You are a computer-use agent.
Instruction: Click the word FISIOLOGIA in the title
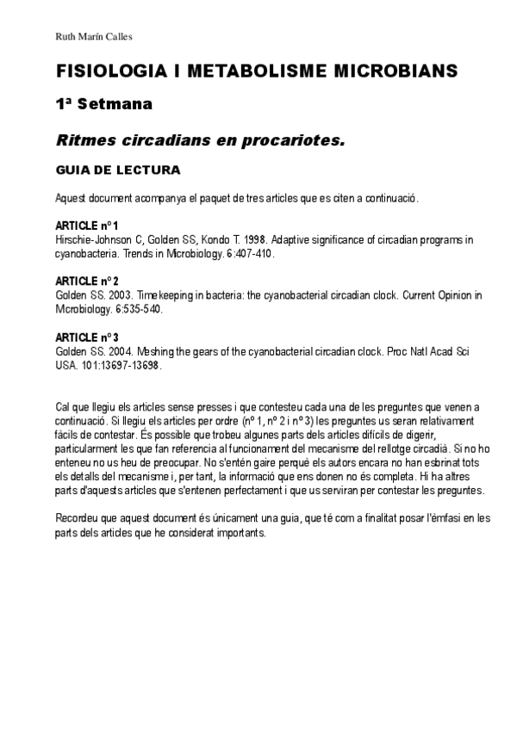point(103,71)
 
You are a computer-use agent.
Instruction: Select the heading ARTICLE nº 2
point(87,281)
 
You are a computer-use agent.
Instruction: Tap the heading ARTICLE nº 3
point(87,338)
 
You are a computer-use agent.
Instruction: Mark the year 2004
point(117,353)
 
